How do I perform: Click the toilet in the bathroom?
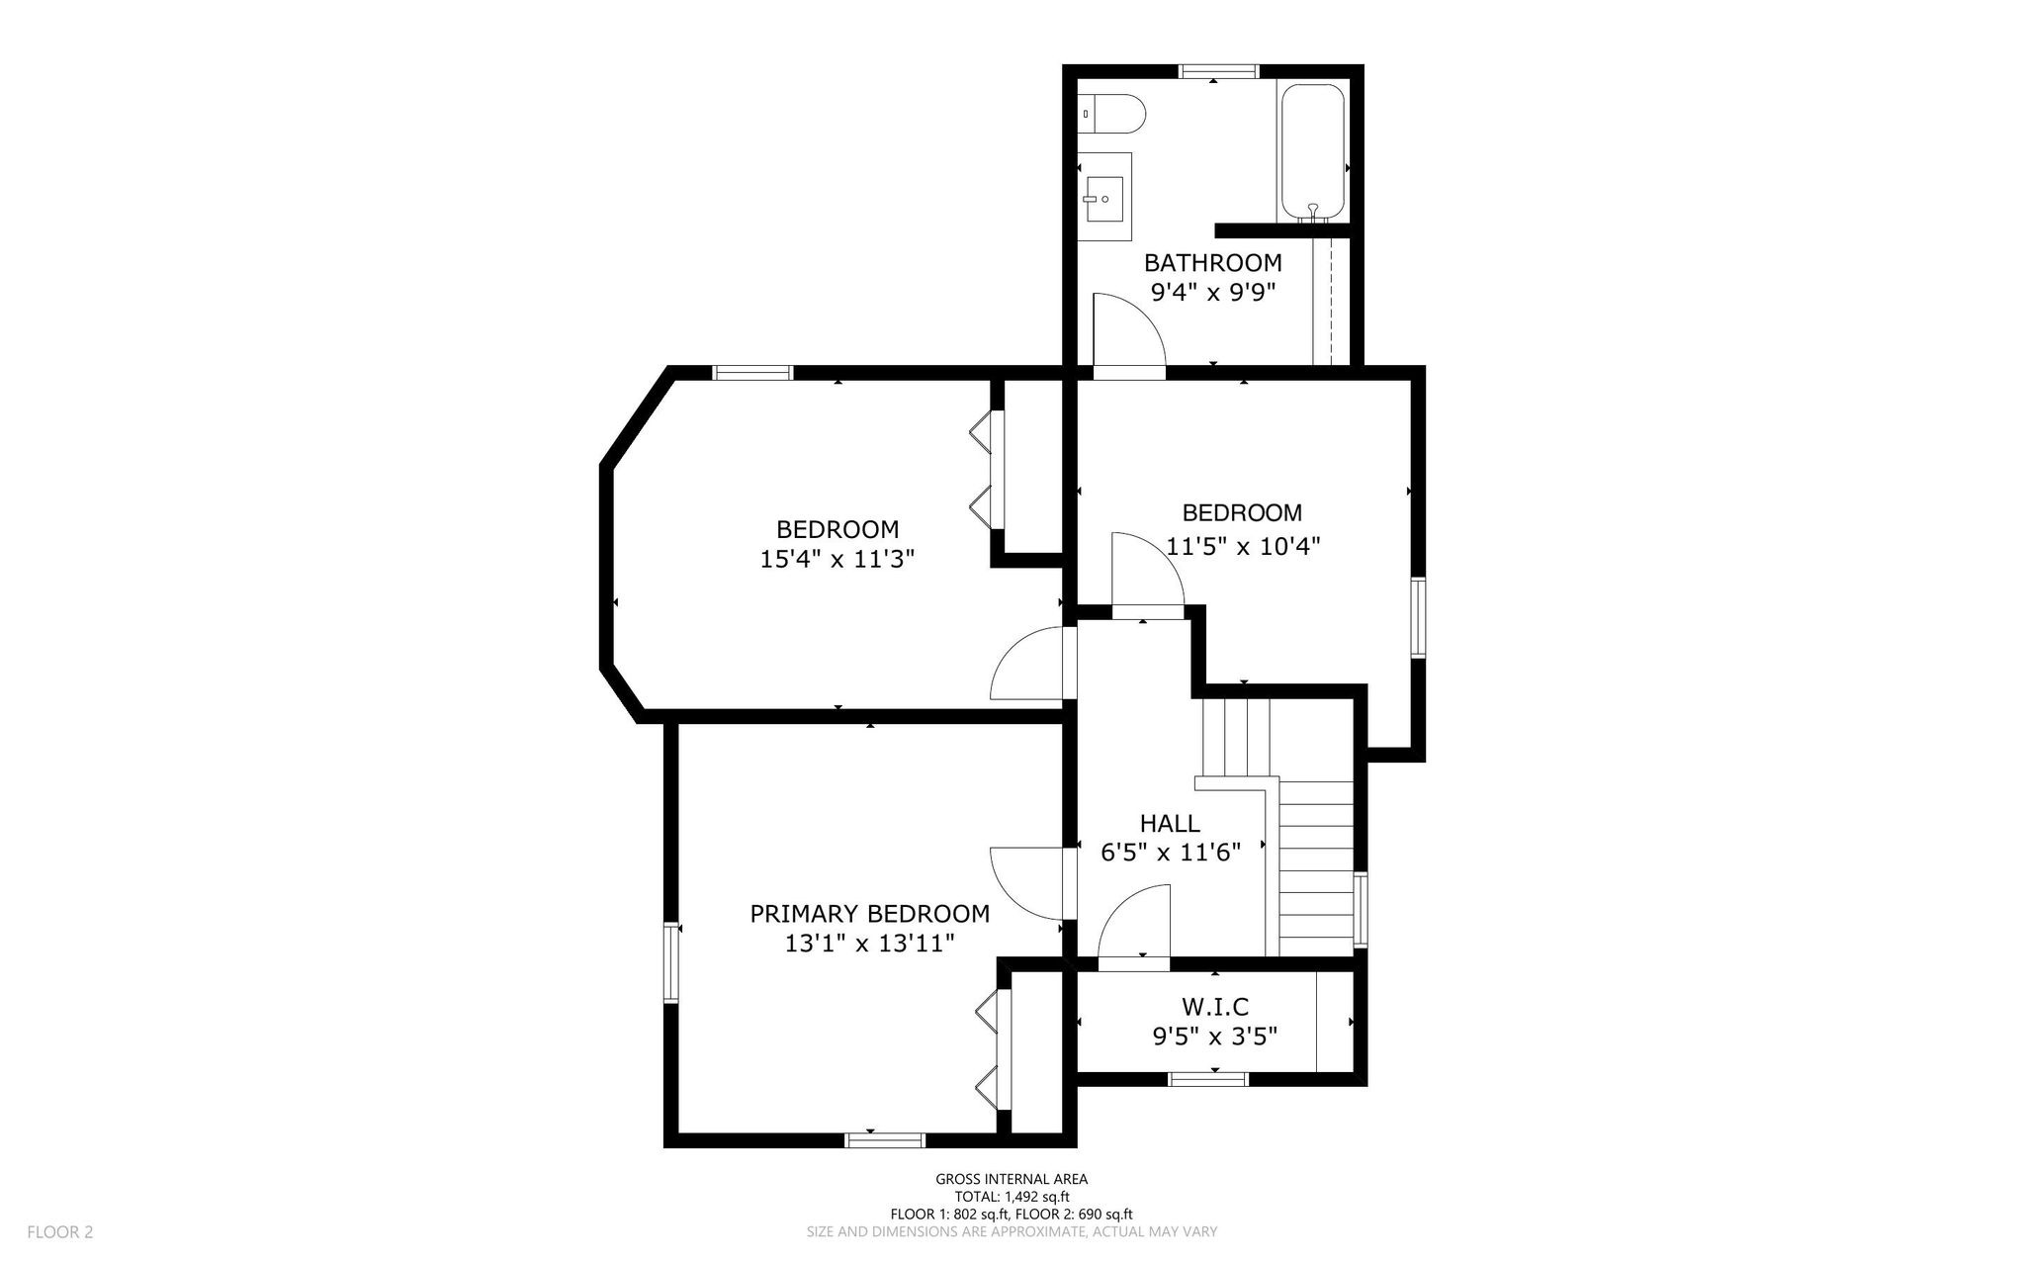coord(1111,114)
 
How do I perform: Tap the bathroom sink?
coord(1103,200)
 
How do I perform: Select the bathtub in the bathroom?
coord(1313,152)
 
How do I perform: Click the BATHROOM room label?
coord(1213,263)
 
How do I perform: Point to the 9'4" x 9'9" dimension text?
coord(1213,293)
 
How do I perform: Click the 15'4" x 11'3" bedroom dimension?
coord(837,560)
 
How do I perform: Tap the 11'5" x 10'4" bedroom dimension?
coord(1244,546)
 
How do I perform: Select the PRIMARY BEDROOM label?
coord(870,914)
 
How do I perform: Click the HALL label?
coord(1170,823)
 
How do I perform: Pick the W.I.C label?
coord(1215,1007)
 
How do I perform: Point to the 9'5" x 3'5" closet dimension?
coord(1215,1037)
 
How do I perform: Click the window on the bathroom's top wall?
coord(1218,71)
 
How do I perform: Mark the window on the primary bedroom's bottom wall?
coord(885,1140)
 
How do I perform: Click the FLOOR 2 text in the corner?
coord(60,1232)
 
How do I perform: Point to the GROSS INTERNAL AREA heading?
coord(1012,1179)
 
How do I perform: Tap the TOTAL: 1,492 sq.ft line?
coord(1012,1197)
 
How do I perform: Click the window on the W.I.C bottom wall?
coord(1209,1079)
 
